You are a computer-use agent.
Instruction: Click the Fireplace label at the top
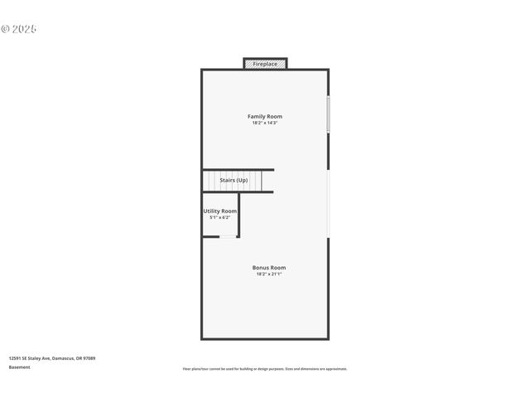tap(265, 64)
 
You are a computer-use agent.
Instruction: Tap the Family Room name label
tap(265, 116)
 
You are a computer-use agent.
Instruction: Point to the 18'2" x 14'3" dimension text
tap(265, 123)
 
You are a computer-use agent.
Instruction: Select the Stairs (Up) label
tap(234, 180)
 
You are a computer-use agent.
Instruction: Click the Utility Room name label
tap(220, 211)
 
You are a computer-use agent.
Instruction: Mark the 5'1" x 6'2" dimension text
tap(220, 217)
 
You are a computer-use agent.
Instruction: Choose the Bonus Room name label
tap(269, 267)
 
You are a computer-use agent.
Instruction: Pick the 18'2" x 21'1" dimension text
tap(269, 274)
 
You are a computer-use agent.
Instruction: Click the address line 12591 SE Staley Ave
tap(30, 358)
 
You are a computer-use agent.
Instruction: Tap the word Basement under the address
tap(19, 366)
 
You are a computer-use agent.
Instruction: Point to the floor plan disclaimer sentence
tap(265, 369)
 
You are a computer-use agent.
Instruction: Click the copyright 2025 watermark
tap(19, 29)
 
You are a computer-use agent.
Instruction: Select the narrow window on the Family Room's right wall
tap(328, 114)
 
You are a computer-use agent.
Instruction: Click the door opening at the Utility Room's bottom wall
tap(226, 237)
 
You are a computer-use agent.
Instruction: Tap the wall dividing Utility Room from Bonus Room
tap(238, 215)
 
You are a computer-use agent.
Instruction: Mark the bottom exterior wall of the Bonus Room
tap(265, 338)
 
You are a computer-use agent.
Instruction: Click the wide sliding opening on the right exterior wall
tap(328, 204)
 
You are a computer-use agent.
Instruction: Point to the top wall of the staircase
tap(238, 169)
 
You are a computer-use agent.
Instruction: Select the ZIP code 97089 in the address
tap(89, 358)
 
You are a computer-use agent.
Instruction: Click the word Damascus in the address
tap(64, 358)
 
